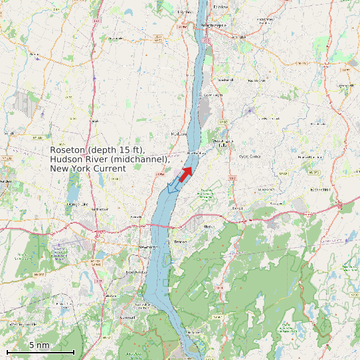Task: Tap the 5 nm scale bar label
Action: [x=39, y=345]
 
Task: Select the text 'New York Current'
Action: [x=88, y=169]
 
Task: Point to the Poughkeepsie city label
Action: [x=213, y=25]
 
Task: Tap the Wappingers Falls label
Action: [x=222, y=143]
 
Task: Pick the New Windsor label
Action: [x=134, y=272]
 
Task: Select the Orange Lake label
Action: [x=78, y=203]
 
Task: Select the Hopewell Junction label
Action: [x=310, y=157]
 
